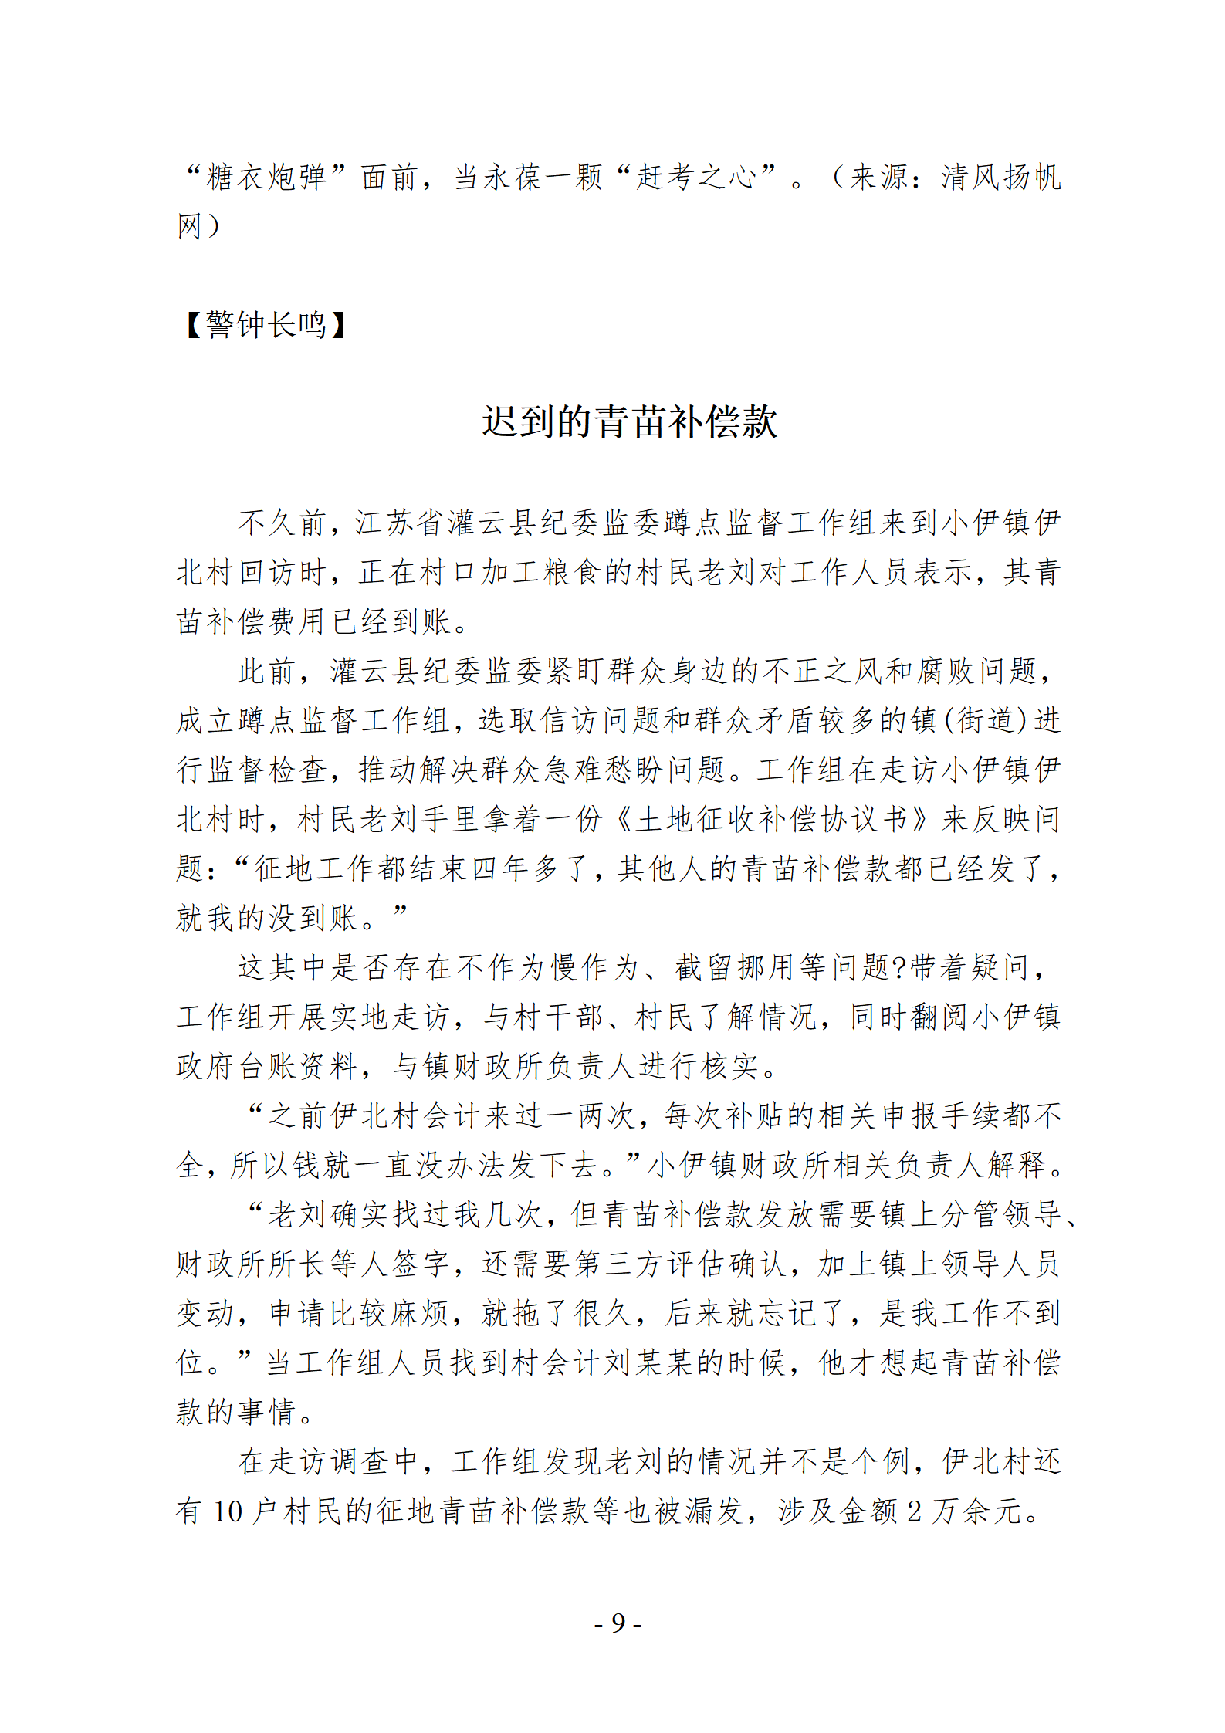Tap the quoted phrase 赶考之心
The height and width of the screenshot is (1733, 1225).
(696, 178)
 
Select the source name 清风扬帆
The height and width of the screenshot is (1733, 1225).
(1001, 178)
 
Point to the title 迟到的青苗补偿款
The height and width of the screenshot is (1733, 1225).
(630, 422)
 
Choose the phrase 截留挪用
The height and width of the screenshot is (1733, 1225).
(736, 968)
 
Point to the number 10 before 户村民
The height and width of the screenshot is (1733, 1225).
(228, 1511)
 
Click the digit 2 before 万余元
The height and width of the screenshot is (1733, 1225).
(914, 1511)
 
